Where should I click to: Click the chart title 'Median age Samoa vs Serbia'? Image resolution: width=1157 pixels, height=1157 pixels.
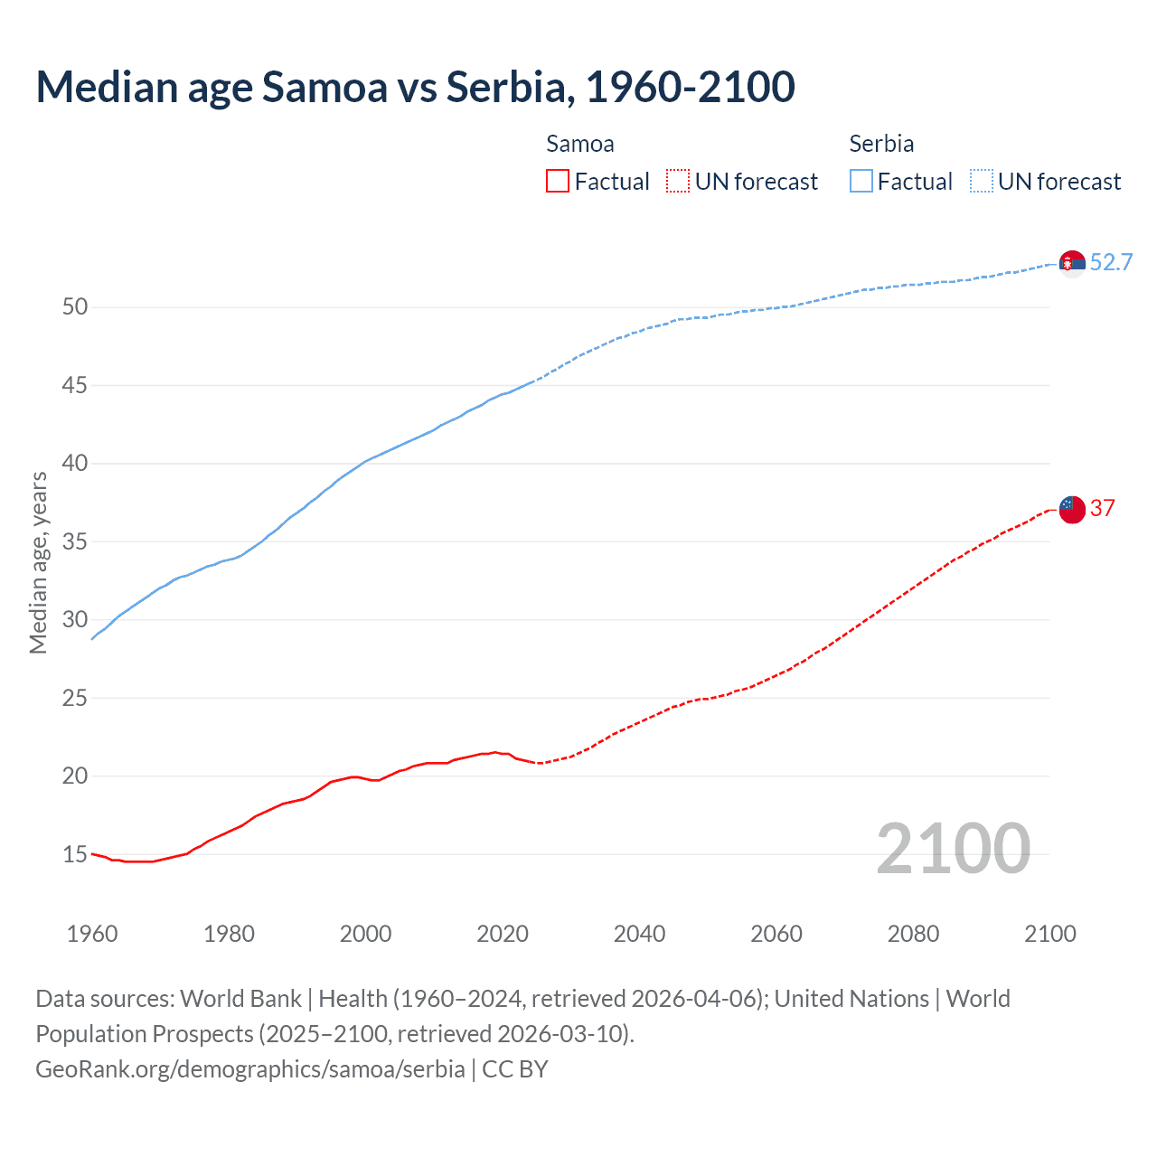click(415, 87)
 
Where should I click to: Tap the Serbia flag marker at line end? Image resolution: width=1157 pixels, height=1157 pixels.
click(1072, 263)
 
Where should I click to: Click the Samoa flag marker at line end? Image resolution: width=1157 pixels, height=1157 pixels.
click(1072, 509)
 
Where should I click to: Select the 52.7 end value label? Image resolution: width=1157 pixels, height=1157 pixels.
click(1111, 263)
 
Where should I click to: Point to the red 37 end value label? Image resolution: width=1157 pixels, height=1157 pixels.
click(1102, 509)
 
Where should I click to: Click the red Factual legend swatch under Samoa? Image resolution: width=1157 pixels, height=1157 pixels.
click(558, 182)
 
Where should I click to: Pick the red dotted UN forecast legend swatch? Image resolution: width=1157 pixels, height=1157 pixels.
click(678, 182)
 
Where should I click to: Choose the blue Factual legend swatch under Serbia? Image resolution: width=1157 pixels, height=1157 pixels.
click(861, 182)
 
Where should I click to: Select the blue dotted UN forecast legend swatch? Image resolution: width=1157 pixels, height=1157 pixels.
click(981, 182)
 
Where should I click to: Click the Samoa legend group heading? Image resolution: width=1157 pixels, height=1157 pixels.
click(579, 144)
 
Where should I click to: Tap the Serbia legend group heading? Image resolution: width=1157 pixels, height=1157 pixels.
click(881, 144)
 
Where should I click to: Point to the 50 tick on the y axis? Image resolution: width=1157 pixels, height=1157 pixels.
click(75, 307)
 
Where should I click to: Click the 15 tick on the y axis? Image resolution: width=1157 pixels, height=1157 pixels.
click(75, 854)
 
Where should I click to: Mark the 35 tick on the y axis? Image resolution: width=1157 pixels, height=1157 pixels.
click(75, 542)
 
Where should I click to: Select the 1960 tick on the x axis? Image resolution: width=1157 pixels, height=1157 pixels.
click(92, 934)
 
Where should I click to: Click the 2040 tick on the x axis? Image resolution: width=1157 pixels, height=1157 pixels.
click(639, 934)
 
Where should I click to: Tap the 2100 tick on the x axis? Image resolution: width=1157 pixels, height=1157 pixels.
click(1049, 934)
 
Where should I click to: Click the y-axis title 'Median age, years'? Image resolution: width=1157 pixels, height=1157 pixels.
click(38, 562)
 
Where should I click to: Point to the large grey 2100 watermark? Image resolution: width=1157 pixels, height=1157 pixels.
click(953, 849)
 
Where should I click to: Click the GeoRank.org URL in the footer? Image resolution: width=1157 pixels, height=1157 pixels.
click(250, 1069)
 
